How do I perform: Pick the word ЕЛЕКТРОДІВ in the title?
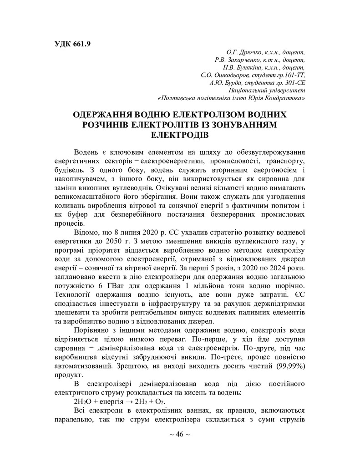pos(179,135)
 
